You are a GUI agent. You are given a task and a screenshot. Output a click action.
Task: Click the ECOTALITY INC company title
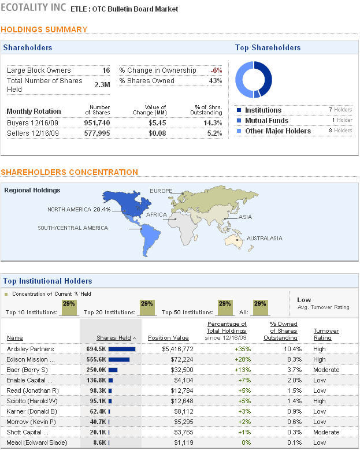tap(34, 9)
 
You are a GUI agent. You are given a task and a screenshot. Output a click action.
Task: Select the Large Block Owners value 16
tap(106, 70)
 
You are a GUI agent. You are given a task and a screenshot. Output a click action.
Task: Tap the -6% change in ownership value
tap(216, 70)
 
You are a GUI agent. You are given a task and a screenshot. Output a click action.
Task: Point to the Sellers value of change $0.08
tap(157, 133)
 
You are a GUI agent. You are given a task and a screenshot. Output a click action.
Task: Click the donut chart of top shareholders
tap(254, 79)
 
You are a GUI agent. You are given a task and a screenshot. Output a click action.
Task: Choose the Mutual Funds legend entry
tap(266, 121)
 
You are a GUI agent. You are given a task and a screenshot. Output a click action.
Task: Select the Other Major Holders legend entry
tap(277, 131)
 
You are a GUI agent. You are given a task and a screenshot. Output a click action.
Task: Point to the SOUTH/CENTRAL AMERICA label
tap(73, 228)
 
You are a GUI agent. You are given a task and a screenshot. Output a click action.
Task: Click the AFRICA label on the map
tap(157, 215)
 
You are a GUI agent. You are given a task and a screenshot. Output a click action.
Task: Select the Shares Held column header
tap(116, 338)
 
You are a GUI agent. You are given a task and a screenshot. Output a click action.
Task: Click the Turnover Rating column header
tap(326, 334)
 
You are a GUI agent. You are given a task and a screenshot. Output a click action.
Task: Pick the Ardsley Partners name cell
tap(30, 349)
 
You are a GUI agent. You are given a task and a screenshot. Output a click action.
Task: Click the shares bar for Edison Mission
tap(119, 359)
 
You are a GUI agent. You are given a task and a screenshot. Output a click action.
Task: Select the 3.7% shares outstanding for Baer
tap(293, 370)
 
